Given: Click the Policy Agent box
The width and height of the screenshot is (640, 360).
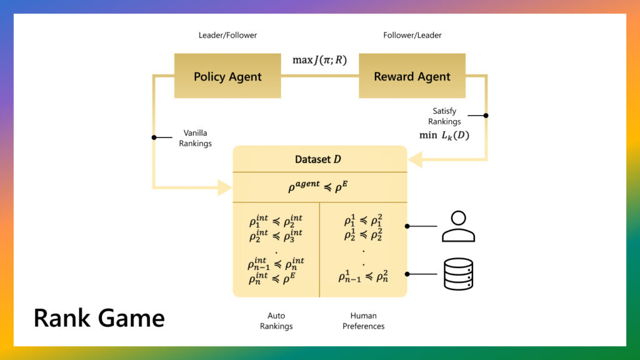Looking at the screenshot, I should point(227,76).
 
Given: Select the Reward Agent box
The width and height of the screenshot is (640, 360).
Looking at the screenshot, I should point(412,76).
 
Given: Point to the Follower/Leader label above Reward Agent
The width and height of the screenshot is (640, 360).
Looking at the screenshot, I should point(412,36).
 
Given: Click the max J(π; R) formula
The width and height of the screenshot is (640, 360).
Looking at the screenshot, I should point(319,61).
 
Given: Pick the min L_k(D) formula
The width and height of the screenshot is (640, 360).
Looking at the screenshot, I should point(444,135).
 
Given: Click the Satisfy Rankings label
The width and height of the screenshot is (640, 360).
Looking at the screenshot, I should point(444,116).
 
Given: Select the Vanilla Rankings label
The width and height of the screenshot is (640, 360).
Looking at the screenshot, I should point(195,138).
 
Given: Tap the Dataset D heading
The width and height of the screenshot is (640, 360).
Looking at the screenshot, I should point(319,159).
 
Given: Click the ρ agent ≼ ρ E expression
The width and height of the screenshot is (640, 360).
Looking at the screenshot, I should point(319,186).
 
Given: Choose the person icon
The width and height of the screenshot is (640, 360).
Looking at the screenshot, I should point(458,226).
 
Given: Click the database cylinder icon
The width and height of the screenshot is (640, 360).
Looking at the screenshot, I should point(458,274).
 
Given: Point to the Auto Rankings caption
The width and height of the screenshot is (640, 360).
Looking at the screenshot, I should point(276,321).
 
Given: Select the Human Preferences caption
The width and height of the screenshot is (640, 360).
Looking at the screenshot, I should point(363,321).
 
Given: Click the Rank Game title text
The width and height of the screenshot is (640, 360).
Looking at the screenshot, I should point(99,317).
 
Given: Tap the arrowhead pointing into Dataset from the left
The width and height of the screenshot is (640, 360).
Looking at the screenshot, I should point(225,186).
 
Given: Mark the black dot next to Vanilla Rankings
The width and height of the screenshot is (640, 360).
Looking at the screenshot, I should point(154,137).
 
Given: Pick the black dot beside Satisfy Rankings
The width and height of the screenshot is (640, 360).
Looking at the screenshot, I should point(486,116).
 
